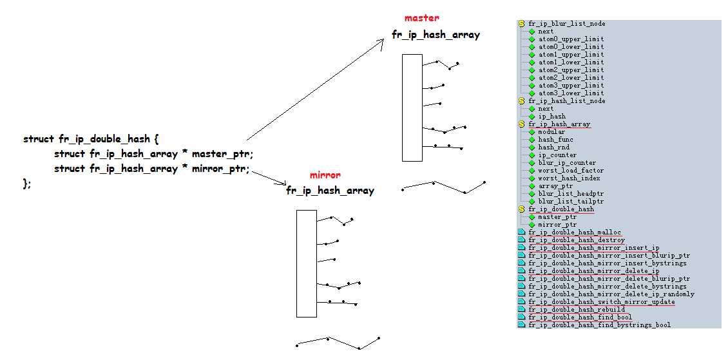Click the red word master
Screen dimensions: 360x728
pyautogui.click(x=421, y=18)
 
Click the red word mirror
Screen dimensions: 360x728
pyautogui.click(x=325, y=175)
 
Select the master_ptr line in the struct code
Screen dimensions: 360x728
pyautogui.click(x=153, y=154)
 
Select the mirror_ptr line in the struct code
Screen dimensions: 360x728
pyautogui.click(x=151, y=169)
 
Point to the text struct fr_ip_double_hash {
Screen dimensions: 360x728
pyautogui.click(x=90, y=139)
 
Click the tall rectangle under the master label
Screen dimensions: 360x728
pyautogui.click(x=412, y=108)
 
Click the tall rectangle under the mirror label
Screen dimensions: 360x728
pyautogui.click(x=306, y=263)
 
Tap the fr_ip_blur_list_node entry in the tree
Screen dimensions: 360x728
pyautogui.click(x=566, y=24)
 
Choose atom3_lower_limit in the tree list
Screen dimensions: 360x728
pyautogui.click(x=571, y=93)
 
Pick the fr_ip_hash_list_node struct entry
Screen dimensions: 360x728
pyautogui.click(x=566, y=101)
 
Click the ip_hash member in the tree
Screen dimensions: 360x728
pyautogui.click(x=551, y=117)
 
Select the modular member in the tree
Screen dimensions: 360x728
pyautogui.click(x=551, y=132)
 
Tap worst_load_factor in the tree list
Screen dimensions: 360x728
pyautogui.click(x=571, y=171)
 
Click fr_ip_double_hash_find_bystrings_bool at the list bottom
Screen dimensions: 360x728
pyautogui.click(x=599, y=325)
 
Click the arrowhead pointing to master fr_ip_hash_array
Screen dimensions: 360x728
pyautogui.click(x=382, y=40)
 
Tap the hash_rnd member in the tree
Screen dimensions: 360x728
pyautogui.click(x=553, y=147)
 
